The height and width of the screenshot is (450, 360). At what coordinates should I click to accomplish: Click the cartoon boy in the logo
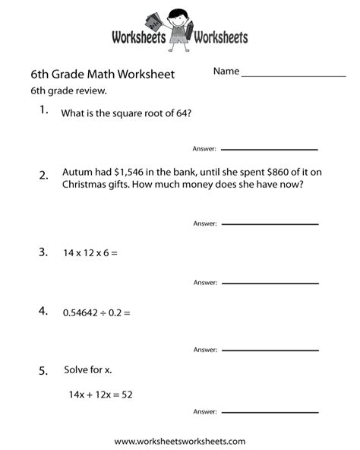tap(180, 28)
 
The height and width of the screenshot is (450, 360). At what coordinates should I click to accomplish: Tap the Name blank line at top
tap(293, 75)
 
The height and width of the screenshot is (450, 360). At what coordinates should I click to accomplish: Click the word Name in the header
tap(226, 71)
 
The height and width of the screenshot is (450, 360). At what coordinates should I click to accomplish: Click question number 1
tap(44, 112)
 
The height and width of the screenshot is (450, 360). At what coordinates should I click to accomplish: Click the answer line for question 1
tap(269, 149)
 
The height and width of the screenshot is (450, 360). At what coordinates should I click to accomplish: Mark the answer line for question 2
tap(269, 224)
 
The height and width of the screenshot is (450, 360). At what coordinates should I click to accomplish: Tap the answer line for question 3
tap(269, 283)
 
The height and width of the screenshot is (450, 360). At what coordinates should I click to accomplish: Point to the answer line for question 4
tap(269, 350)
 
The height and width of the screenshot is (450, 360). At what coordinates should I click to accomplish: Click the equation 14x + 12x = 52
tap(106, 395)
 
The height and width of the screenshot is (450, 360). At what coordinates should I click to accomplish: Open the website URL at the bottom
tap(180, 441)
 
